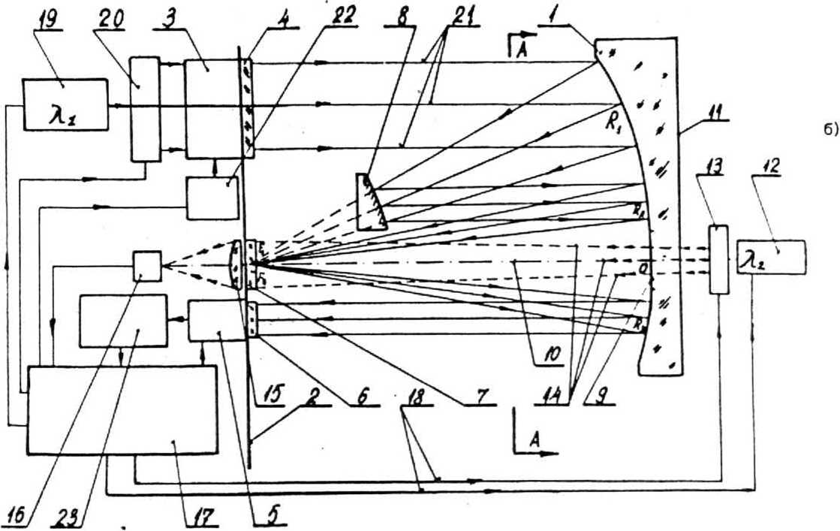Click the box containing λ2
click(x=770, y=258)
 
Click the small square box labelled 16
click(x=146, y=266)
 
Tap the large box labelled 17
click(x=122, y=409)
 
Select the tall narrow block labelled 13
click(x=719, y=259)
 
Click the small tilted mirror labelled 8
click(x=372, y=201)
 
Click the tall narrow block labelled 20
click(x=145, y=108)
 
